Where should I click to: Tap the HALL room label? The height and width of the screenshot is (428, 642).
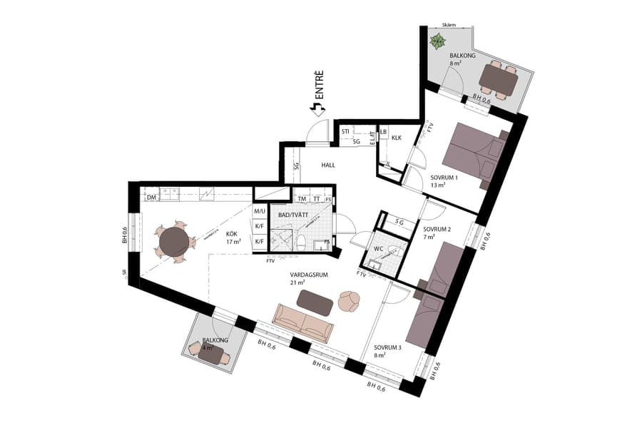(x=328, y=165)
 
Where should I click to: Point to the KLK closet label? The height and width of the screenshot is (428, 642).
(x=397, y=138)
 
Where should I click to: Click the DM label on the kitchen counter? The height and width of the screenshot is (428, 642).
(x=151, y=198)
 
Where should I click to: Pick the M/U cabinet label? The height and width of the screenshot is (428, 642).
(x=259, y=212)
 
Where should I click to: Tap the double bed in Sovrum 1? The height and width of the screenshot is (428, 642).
(x=472, y=153)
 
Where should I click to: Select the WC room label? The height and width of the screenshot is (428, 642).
(x=379, y=249)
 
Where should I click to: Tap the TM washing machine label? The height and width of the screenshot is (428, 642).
(x=302, y=199)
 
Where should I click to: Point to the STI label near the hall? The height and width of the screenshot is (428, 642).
(x=345, y=132)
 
